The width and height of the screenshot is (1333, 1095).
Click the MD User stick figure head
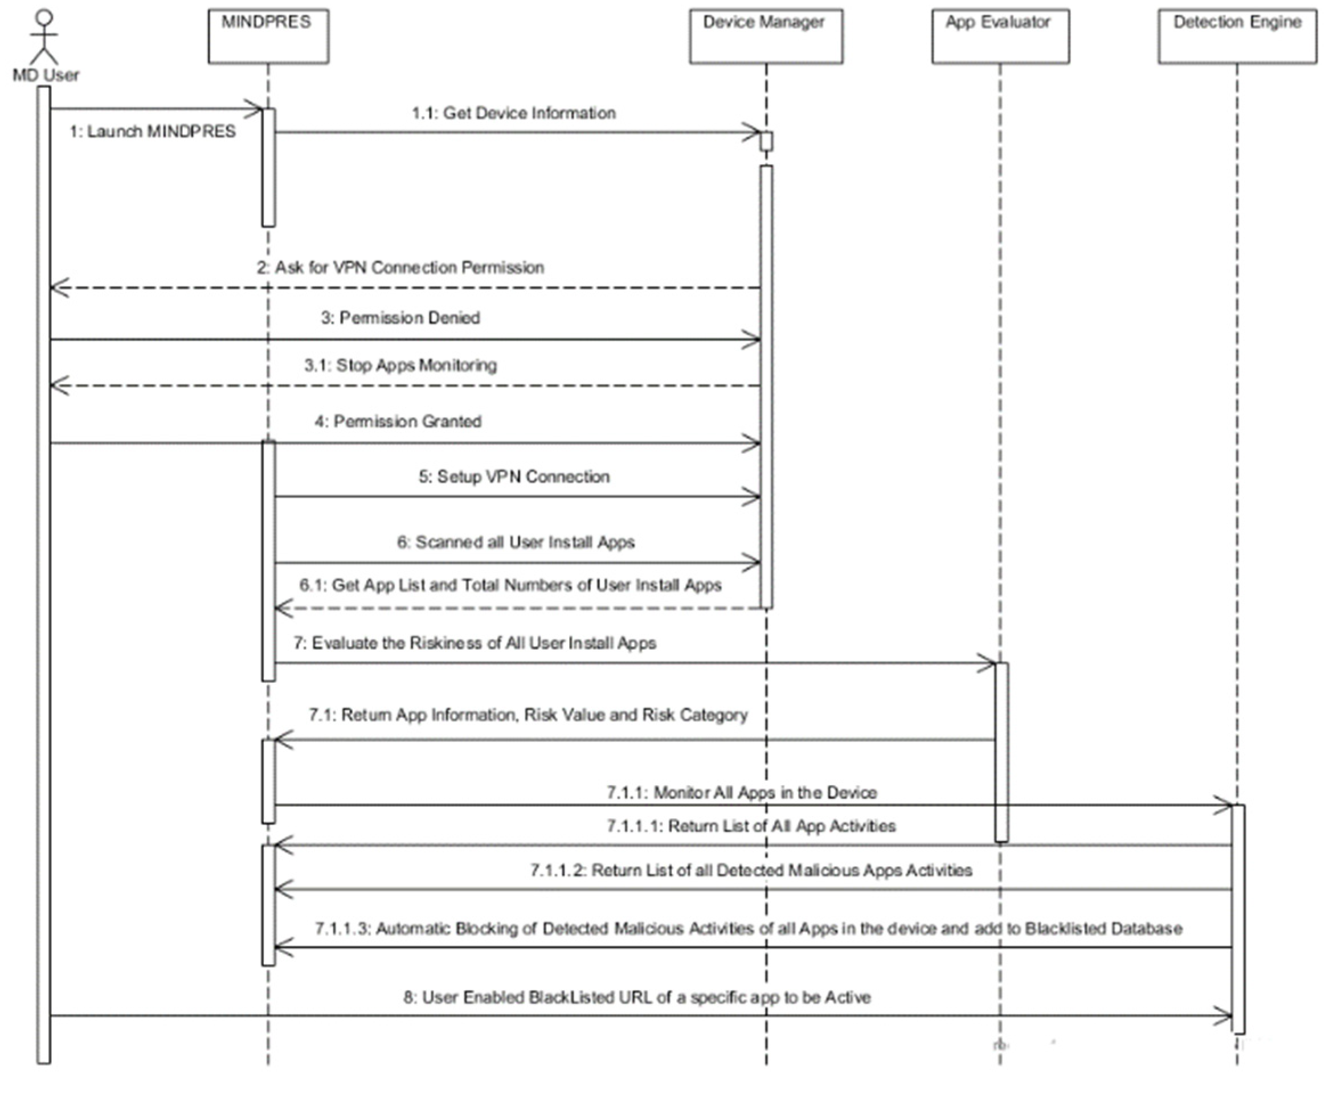pos(43,17)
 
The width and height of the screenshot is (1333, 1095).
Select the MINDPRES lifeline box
pos(268,36)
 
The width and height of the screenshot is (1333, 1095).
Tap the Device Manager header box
pos(765,36)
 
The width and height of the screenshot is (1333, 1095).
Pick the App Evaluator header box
pos(1000,36)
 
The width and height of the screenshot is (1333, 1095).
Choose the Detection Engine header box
pos(1237,36)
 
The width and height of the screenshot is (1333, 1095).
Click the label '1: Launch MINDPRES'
pos(152,131)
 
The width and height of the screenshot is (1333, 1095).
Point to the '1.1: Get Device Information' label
pos(513,113)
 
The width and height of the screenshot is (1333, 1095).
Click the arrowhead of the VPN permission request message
pos(58,288)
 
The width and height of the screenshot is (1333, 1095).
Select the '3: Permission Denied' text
pos(400,317)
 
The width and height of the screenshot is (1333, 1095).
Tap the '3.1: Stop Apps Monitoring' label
pos(400,364)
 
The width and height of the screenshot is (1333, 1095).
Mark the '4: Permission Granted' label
pos(398,421)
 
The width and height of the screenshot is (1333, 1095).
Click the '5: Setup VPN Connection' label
pos(513,476)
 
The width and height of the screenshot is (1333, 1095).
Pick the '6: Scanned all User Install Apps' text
pos(516,542)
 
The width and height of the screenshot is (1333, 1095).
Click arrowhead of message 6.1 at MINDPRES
pos(283,608)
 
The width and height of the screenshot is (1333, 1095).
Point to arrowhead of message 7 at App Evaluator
pos(987,663)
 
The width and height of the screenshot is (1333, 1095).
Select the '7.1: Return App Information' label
pos(528,715)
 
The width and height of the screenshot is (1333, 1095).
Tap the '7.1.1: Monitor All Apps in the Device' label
pos(741,792)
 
